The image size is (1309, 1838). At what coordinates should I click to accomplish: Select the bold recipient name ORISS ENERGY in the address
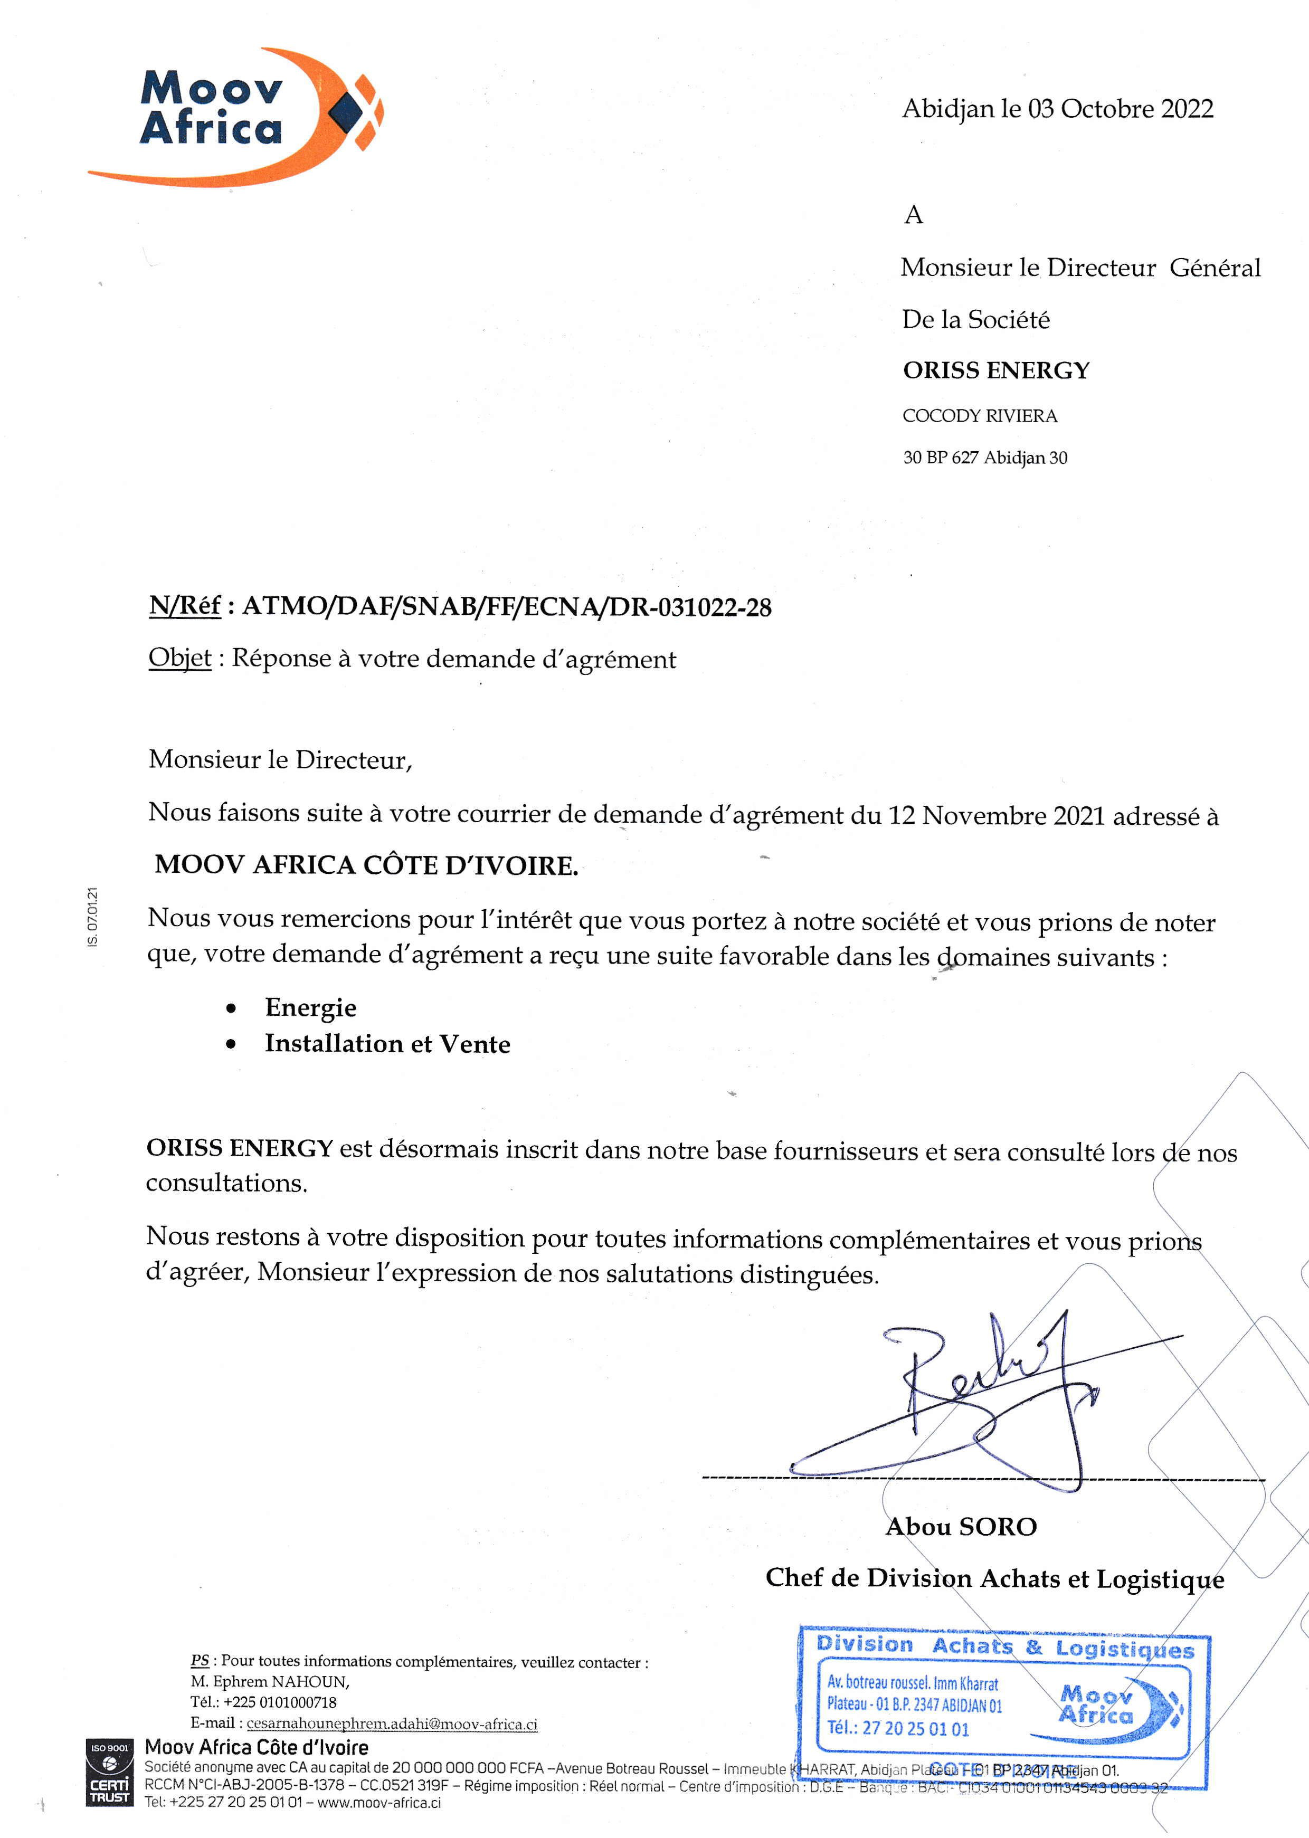(995, 370)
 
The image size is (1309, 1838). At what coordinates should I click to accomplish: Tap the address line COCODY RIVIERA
(979, 416)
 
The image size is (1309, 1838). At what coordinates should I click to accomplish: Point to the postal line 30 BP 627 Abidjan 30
(984, 458)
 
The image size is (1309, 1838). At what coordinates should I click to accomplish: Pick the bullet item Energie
(310, 1007)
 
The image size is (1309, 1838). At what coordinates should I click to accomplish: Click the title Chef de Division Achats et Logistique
(994, 1578)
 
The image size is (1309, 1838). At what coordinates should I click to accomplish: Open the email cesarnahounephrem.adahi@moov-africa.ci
(392, 1723)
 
